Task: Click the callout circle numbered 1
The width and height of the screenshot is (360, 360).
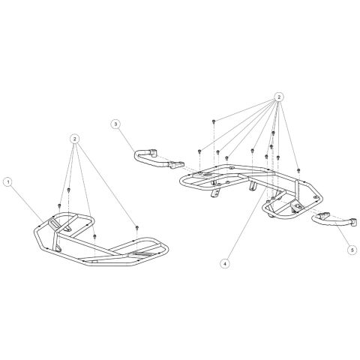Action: [x=8, y=182]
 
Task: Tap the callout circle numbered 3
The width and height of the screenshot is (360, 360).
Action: [x=115, y=124]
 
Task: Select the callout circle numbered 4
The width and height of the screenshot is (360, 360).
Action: [x=225, y=263]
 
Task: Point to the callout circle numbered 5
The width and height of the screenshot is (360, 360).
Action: [x=352, y=250]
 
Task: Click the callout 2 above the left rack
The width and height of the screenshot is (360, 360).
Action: [x=74, y=139]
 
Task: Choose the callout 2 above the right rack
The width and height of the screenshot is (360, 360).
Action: [x=279, y=97]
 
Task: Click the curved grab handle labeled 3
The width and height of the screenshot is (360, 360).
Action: [x=157, y=159]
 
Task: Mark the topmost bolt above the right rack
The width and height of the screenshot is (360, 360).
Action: [x=214, y=121]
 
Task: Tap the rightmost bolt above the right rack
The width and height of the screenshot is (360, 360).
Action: [x=298, y=170]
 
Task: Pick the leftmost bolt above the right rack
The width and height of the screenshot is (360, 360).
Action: [x=199, y=151]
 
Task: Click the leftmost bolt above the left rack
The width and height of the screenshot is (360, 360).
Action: [x=59, y=205]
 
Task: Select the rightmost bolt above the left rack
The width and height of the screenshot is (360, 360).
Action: [x=137, y=227]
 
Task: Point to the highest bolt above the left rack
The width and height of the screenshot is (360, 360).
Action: [x=69, y=190]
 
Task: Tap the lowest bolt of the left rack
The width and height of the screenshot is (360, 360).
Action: [x=94, y=236]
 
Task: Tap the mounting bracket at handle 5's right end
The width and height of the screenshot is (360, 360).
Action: [x=354, y=223]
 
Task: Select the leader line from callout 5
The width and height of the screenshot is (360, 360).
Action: [x=342, y=235]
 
